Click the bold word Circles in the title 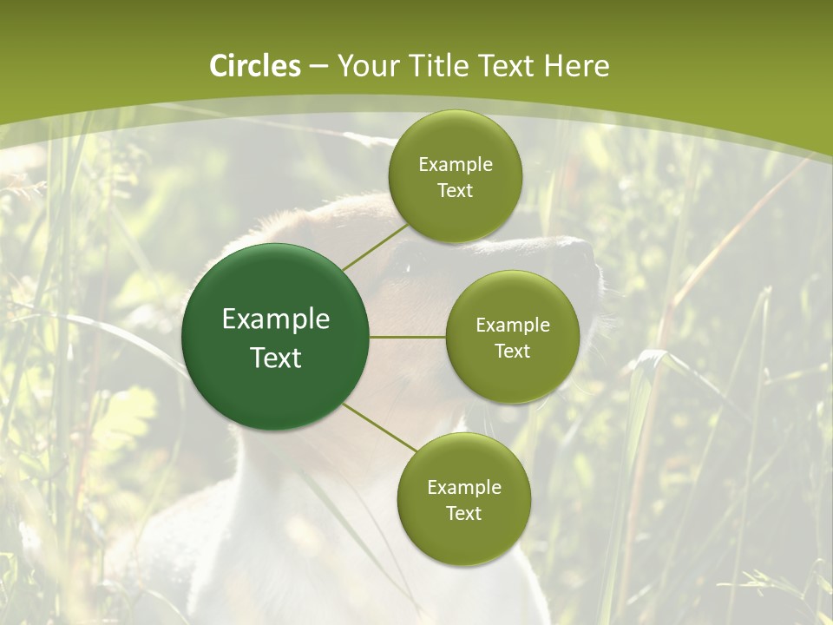pos(254,66)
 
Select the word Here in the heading pos(577,66)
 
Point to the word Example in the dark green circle pos(276,319)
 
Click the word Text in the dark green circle pos(276,358)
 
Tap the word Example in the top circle pos(456,165)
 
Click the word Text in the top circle pos(455,191)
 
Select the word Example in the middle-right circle pos(513,326)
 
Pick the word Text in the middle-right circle pos(513,352)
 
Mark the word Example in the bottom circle pos(464,488)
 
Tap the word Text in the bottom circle pos(463,514)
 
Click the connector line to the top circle pos(375,247)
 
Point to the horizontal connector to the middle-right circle pos(408,337)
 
